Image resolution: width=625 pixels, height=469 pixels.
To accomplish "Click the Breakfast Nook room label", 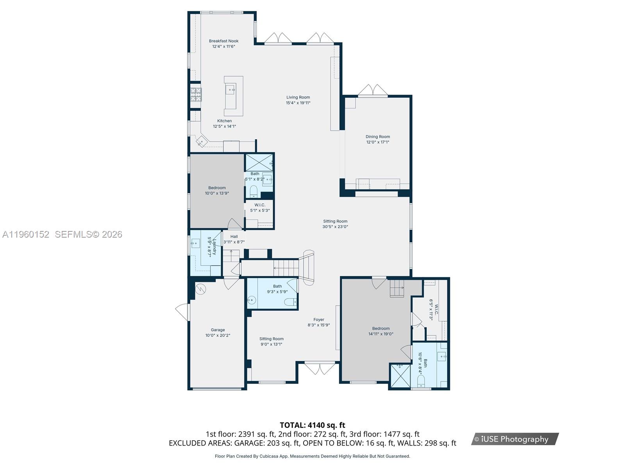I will tap(223, 41).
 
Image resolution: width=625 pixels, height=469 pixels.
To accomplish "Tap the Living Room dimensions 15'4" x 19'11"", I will tap(298, 103).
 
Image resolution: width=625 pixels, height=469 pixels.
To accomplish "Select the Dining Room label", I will tap(378, 137).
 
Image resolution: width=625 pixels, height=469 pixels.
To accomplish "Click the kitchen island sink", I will tap(230, 90).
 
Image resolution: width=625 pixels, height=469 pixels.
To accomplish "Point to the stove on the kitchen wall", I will tap(196, 94).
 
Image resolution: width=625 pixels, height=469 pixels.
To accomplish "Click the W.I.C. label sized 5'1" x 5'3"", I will tap(260, 205).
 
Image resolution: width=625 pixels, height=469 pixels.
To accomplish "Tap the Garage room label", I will tap(218, 330).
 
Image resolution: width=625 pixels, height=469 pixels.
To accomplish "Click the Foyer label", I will tap(319, 320).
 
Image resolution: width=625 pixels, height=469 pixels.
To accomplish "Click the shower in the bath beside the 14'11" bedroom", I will tap(400, 376).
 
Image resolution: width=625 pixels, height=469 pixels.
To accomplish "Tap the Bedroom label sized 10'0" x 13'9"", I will tap(217, 188).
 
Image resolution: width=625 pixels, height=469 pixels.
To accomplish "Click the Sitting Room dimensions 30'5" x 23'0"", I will tap(335, 227).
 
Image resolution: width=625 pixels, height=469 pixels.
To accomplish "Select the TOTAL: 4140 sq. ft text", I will tap(312, 425).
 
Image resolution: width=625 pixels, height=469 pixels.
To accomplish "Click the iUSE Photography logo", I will tap(514, 439).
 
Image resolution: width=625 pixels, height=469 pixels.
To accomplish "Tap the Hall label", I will tap(234, 236).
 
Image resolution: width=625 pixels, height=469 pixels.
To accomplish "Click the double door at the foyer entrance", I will tap(320, 368).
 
